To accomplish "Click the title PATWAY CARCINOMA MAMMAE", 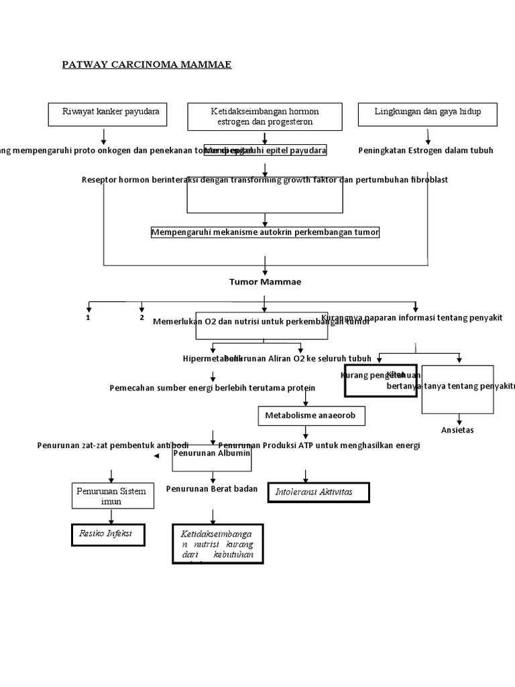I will tap(146, 64).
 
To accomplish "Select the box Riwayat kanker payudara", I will tap(107, 114).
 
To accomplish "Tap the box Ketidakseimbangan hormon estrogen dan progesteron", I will tap(265, 117).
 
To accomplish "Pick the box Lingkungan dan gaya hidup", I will tap(428, 114).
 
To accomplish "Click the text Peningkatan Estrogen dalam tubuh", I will tap(426, 150).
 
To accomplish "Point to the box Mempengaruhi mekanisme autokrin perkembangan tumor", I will tap(266, 232).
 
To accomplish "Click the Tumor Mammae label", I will tap(266, 282).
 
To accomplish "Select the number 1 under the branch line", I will tap(88, 317).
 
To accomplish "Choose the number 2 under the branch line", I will tap(141, 317).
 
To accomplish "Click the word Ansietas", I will tap(458, 430).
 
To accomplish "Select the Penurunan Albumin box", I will tap(213, 454).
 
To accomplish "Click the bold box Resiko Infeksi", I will tap(108, 535).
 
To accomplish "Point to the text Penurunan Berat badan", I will tap(212, 489).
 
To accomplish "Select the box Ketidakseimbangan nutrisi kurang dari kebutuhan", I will tap(217, 544).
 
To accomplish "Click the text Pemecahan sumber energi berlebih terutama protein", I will tap(212, 388).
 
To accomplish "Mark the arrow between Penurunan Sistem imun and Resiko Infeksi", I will tap(111, 517).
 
